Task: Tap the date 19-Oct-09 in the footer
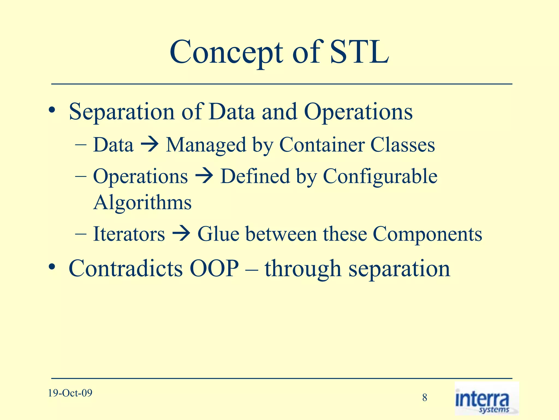click(70, 393)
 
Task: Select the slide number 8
click(424, 398)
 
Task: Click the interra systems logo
click(486, 399)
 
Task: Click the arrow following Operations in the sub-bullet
click(204, 177)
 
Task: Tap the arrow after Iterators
click(181, 234)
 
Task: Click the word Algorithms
click(142, 203)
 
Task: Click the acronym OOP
click(214, 269)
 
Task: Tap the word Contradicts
click(126, 269)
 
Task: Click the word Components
click(427, 235)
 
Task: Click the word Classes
click(402, 145)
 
